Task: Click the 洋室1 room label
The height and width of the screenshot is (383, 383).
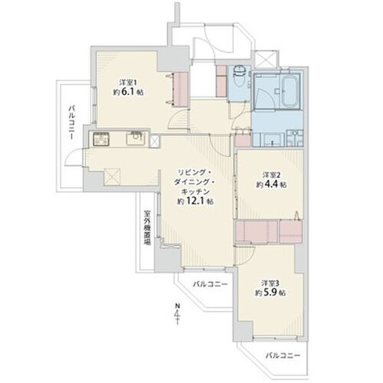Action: coord(126,83)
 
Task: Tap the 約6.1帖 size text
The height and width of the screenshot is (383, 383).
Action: coord(128,92)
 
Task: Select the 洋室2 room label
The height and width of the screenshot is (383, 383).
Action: coord(268,175)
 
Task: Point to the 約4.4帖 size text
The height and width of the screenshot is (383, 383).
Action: coord(271,185)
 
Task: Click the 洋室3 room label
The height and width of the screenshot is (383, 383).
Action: coord(268,283)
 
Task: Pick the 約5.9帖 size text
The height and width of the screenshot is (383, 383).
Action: coord(271,293)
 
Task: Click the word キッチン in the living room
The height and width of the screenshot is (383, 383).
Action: coord(195,191)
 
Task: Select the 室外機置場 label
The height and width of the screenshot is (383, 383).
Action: coord(147,228)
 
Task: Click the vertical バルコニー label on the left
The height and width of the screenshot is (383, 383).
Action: coord(71,123)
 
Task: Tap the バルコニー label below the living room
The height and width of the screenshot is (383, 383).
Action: coord(210,284)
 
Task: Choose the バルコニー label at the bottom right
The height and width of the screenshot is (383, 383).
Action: coord(283,355)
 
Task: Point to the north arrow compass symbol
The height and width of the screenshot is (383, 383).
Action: coord(177,314)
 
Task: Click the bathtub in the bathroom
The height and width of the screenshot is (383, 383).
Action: coord(289,91)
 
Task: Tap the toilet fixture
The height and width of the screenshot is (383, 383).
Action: coord(240,76)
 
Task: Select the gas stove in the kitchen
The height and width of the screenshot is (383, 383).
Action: coord(101,139)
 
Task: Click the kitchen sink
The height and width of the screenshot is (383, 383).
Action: coord(135,138)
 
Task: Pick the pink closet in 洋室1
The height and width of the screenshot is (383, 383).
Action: coord(181,90)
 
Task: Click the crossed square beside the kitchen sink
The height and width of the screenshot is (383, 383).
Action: coord(154,141)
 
